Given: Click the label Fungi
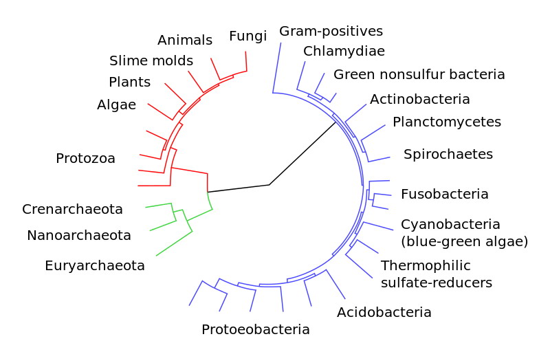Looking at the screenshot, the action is pyautogui.click(x=248, y=36).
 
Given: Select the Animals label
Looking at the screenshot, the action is pyautogui.click(x=185, y=40).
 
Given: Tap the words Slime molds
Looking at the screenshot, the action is pyautogui.click(x=151, y=60).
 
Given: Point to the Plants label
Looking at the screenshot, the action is pyautogui.click(x=129, y=82).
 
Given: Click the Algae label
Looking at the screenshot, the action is pyautogui.click(x=116, y=105).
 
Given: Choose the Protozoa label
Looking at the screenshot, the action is pyautogui.click(x=85, y=158).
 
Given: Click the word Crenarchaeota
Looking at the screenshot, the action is pyautogui.click(x=72, y=209).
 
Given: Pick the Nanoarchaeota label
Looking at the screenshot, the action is pyautogui.click(x=79, y=235).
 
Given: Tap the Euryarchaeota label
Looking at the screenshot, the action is pyautogui.click(x=95, y=266).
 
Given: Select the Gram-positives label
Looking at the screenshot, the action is pyautogui.click(x=331, y=31).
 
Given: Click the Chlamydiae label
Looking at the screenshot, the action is pyautogui.click(x=344, y=51).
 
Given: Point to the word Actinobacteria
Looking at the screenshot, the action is pyautogui.click(x=420, y=99).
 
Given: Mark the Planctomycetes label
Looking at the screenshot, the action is pyautogui.click(x=447, y=122).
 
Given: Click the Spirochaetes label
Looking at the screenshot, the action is pyautogui.click(x=448, y=154).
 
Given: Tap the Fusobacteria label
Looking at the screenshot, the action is pyautogui.click(x=444, y=194).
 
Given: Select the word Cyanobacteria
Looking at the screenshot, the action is pyautogui.click(x=450, y=224).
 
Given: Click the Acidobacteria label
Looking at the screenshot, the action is pyautogui.click(x=384, y=312).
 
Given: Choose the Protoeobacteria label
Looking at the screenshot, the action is pyautogui.click(x=255, y=329).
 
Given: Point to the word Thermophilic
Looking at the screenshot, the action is pyautogui.click(x=426, y=265).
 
